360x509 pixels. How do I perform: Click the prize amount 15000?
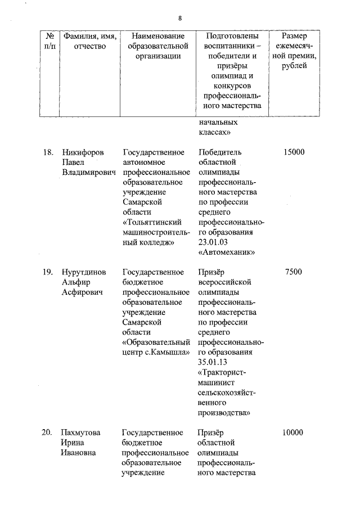294,152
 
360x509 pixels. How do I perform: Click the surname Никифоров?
84,152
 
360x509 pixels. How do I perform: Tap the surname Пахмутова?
82,433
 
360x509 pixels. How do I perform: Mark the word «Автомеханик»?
227,253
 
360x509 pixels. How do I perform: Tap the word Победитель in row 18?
220,152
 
